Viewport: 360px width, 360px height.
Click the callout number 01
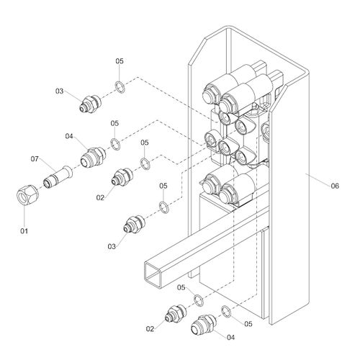tap(24, 231)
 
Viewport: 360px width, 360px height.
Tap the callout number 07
tap(35, 158)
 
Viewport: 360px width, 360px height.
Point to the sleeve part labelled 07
tap(58, 177)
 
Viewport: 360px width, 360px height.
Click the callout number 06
tap(335, 186)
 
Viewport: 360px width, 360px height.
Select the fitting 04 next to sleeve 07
tap(93, 157)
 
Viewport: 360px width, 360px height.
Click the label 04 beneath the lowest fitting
tap(230, 338)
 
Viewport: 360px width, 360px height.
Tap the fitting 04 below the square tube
tap(204, 325)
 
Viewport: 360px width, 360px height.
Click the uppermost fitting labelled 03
tap(91, 104)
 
